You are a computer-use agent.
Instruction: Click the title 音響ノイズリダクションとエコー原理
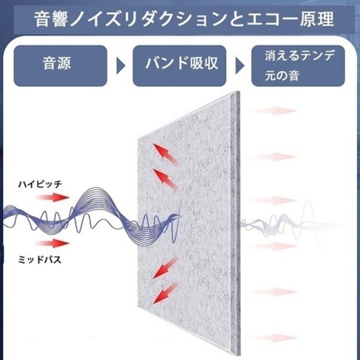point(184,19)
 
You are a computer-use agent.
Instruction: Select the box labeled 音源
point(60,65)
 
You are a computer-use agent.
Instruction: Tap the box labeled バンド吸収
point(179,65)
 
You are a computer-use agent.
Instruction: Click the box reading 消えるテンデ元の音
point(298,65)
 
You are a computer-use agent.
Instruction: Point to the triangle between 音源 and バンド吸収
point(120,66)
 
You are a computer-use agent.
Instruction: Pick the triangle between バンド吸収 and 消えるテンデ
point(240,66)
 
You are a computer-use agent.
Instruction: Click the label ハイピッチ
point(40,184)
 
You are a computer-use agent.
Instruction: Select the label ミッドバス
point(39,259)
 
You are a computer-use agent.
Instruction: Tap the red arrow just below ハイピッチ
point(52,198)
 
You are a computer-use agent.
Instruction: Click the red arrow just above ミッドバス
point(52,243)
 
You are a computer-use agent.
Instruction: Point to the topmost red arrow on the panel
point(165,155)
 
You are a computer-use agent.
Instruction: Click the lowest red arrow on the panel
point(165,292)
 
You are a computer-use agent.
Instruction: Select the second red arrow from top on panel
point(165,179)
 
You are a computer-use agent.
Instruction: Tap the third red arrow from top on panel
point(165,267)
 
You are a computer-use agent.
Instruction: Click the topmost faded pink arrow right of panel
point(274,111)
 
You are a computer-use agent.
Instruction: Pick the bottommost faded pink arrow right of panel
point(274,337)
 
